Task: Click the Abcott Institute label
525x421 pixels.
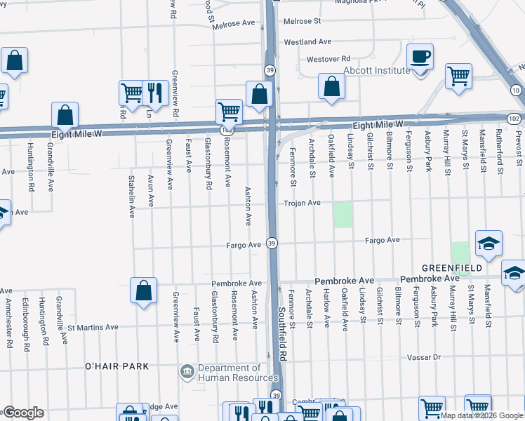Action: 376,70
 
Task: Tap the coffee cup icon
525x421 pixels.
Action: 420,56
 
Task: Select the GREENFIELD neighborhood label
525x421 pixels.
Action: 451,268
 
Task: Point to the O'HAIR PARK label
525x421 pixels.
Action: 117,366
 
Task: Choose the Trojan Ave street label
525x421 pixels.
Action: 302,203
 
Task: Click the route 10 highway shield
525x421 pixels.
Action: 515,90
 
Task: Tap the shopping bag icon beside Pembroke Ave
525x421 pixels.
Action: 143,290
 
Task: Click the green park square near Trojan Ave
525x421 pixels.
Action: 343,215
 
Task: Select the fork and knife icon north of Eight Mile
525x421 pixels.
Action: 154,92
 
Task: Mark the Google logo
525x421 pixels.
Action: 22,413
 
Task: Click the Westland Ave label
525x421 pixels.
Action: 307,42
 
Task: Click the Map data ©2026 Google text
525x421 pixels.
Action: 481,415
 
